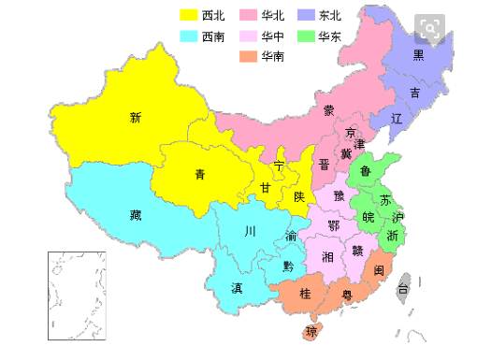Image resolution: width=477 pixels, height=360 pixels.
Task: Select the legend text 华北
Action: pos(274,15)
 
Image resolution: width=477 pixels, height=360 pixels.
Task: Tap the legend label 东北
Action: pos(329,15)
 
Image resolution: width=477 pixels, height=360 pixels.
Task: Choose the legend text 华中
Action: pos(274,36)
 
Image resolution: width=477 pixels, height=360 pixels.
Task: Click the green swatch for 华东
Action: pos(306,36)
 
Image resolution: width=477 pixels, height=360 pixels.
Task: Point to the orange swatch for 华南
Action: pos(249,57)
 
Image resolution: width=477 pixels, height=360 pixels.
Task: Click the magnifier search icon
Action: pos(430,28)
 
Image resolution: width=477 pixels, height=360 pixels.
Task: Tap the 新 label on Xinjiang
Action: pos(136,118)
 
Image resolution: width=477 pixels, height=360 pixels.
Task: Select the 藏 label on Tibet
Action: pos(136,215)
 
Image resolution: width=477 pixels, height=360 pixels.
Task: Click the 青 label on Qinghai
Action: pos(200,174)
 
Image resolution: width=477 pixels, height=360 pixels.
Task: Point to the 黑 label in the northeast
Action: pos(419,54)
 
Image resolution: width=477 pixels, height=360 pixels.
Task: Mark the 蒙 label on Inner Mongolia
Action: pos(329,110)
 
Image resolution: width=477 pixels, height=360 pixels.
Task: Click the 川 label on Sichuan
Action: pos(249,231)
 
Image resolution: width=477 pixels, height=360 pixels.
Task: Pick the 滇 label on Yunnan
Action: pos(237,288)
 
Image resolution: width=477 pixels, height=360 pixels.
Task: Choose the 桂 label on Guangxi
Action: pos(305,294)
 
